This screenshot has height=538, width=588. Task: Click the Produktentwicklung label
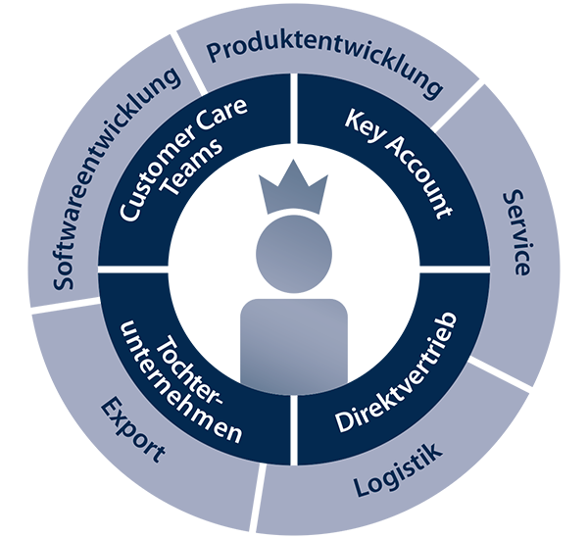tap(324, 67)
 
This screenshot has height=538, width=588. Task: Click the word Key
tap(362, 124)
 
